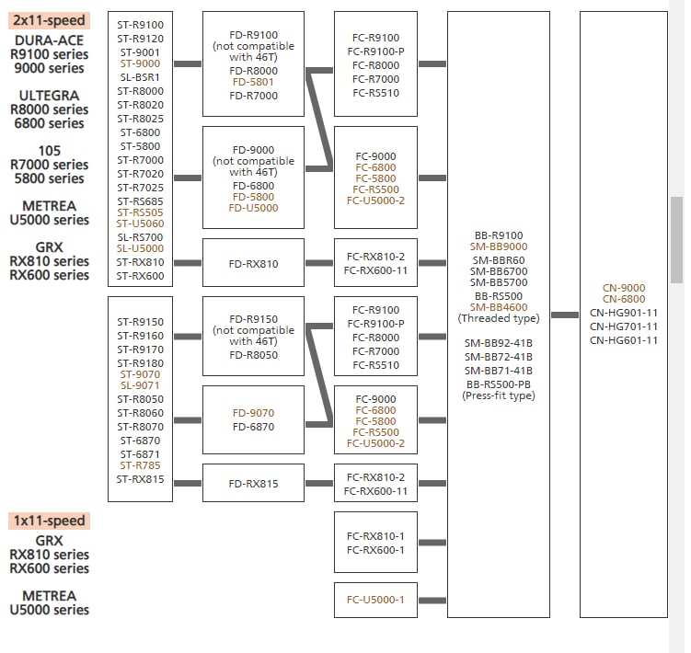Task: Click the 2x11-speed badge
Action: click(49, 20)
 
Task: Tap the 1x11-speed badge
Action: click(49, 521)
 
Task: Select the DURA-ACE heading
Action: click(49, 40)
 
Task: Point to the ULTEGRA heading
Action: click(49, 96)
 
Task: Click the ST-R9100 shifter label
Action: click(140, 25)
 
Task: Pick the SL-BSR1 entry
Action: click(140, 77)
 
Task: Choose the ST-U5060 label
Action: click(140, 223)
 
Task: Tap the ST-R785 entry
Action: click(140, 465)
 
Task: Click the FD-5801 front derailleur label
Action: click(253, 82)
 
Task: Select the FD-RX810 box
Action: click(253, 263)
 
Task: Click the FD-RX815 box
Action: click(253, 483)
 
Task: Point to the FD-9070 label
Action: click(253, 413)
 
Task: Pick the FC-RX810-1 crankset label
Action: click(375, 536)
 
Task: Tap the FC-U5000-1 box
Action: click(375, 601)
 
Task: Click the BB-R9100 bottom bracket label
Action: click(499, 235)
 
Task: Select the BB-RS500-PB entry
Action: click(499, 384)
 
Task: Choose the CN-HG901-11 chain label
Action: click(624, 313)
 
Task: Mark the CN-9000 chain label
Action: click(624, 288)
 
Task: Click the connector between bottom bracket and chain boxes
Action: click(565, 315)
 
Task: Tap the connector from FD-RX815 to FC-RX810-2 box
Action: click(319, 484)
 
